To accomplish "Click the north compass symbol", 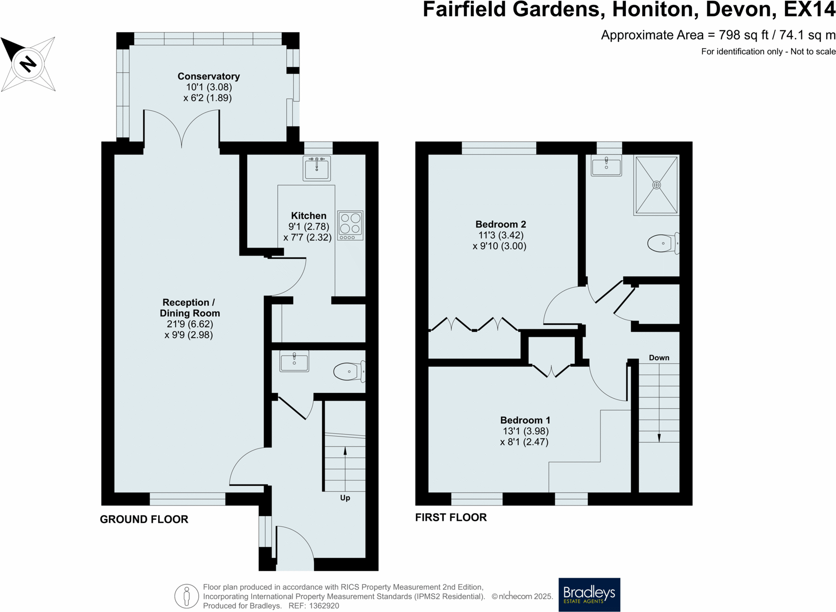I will click(28, 63).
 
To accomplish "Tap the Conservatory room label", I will click(208, 76).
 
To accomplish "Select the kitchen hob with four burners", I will click(350, 225).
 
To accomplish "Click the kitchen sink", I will click(317, 168).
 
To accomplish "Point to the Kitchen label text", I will click(308, 216).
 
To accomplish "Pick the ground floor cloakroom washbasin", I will click(294, 362).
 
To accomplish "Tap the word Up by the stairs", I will click(345, 498).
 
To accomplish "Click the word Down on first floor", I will click(659, 358).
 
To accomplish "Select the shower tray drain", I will click(656, 185).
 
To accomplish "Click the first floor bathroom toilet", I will click(663, 243).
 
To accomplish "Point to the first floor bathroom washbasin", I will click(606, 166).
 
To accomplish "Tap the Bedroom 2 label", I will click(501, 224).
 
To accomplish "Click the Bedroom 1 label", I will click(525, 420).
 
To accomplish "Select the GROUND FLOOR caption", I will click(144, 519).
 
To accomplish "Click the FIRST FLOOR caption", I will click(450, 517).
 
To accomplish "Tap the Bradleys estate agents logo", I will click(589, 594).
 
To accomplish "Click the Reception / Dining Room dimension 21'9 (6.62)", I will click(190, 324).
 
